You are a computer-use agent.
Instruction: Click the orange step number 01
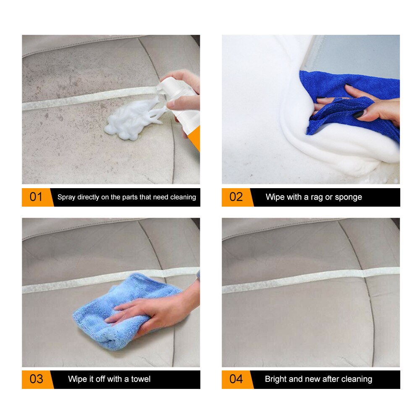[x=36, y=197]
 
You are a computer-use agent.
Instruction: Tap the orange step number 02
[x=236, y=197]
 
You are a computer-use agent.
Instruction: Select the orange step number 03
[x=36, y=379]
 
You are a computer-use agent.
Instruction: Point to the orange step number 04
[x=236, y=379]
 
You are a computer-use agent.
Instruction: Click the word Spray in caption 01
[x=66, y=197]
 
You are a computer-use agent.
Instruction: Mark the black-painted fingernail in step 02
[x=357, y=114]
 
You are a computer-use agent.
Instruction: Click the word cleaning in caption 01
[x=183, y=197]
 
